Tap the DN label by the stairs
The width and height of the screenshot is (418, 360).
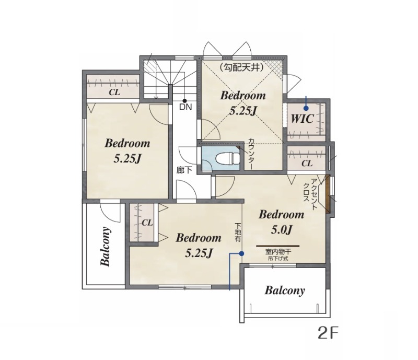click(x=185, y=107)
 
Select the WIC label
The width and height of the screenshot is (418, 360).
click(x=302, y=119)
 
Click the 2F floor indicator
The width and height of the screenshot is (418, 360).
click(x=328, y=333)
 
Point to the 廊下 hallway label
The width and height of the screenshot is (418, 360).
click(x=184, y=170)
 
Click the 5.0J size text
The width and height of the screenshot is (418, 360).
click(x=282, y=229)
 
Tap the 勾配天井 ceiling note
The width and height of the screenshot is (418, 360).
click(x=242, y=67)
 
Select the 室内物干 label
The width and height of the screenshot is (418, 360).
click(x=278, y=251)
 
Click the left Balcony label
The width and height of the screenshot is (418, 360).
click(x=106, y=247)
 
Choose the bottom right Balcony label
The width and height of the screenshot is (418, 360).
click(x=284, y=290)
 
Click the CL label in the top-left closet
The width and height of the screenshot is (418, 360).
click(x=114, y=92)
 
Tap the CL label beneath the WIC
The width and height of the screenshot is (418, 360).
click(x=307, y=163)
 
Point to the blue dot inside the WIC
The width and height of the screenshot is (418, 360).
click(x=306, y=108)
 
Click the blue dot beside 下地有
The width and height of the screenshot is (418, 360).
click(x=241, y=253)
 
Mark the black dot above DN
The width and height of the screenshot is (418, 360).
click(x=184, y=101)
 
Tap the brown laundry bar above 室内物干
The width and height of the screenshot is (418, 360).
click(x=278, y=246)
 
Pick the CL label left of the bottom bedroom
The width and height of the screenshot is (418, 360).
click(x=147, y=223)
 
